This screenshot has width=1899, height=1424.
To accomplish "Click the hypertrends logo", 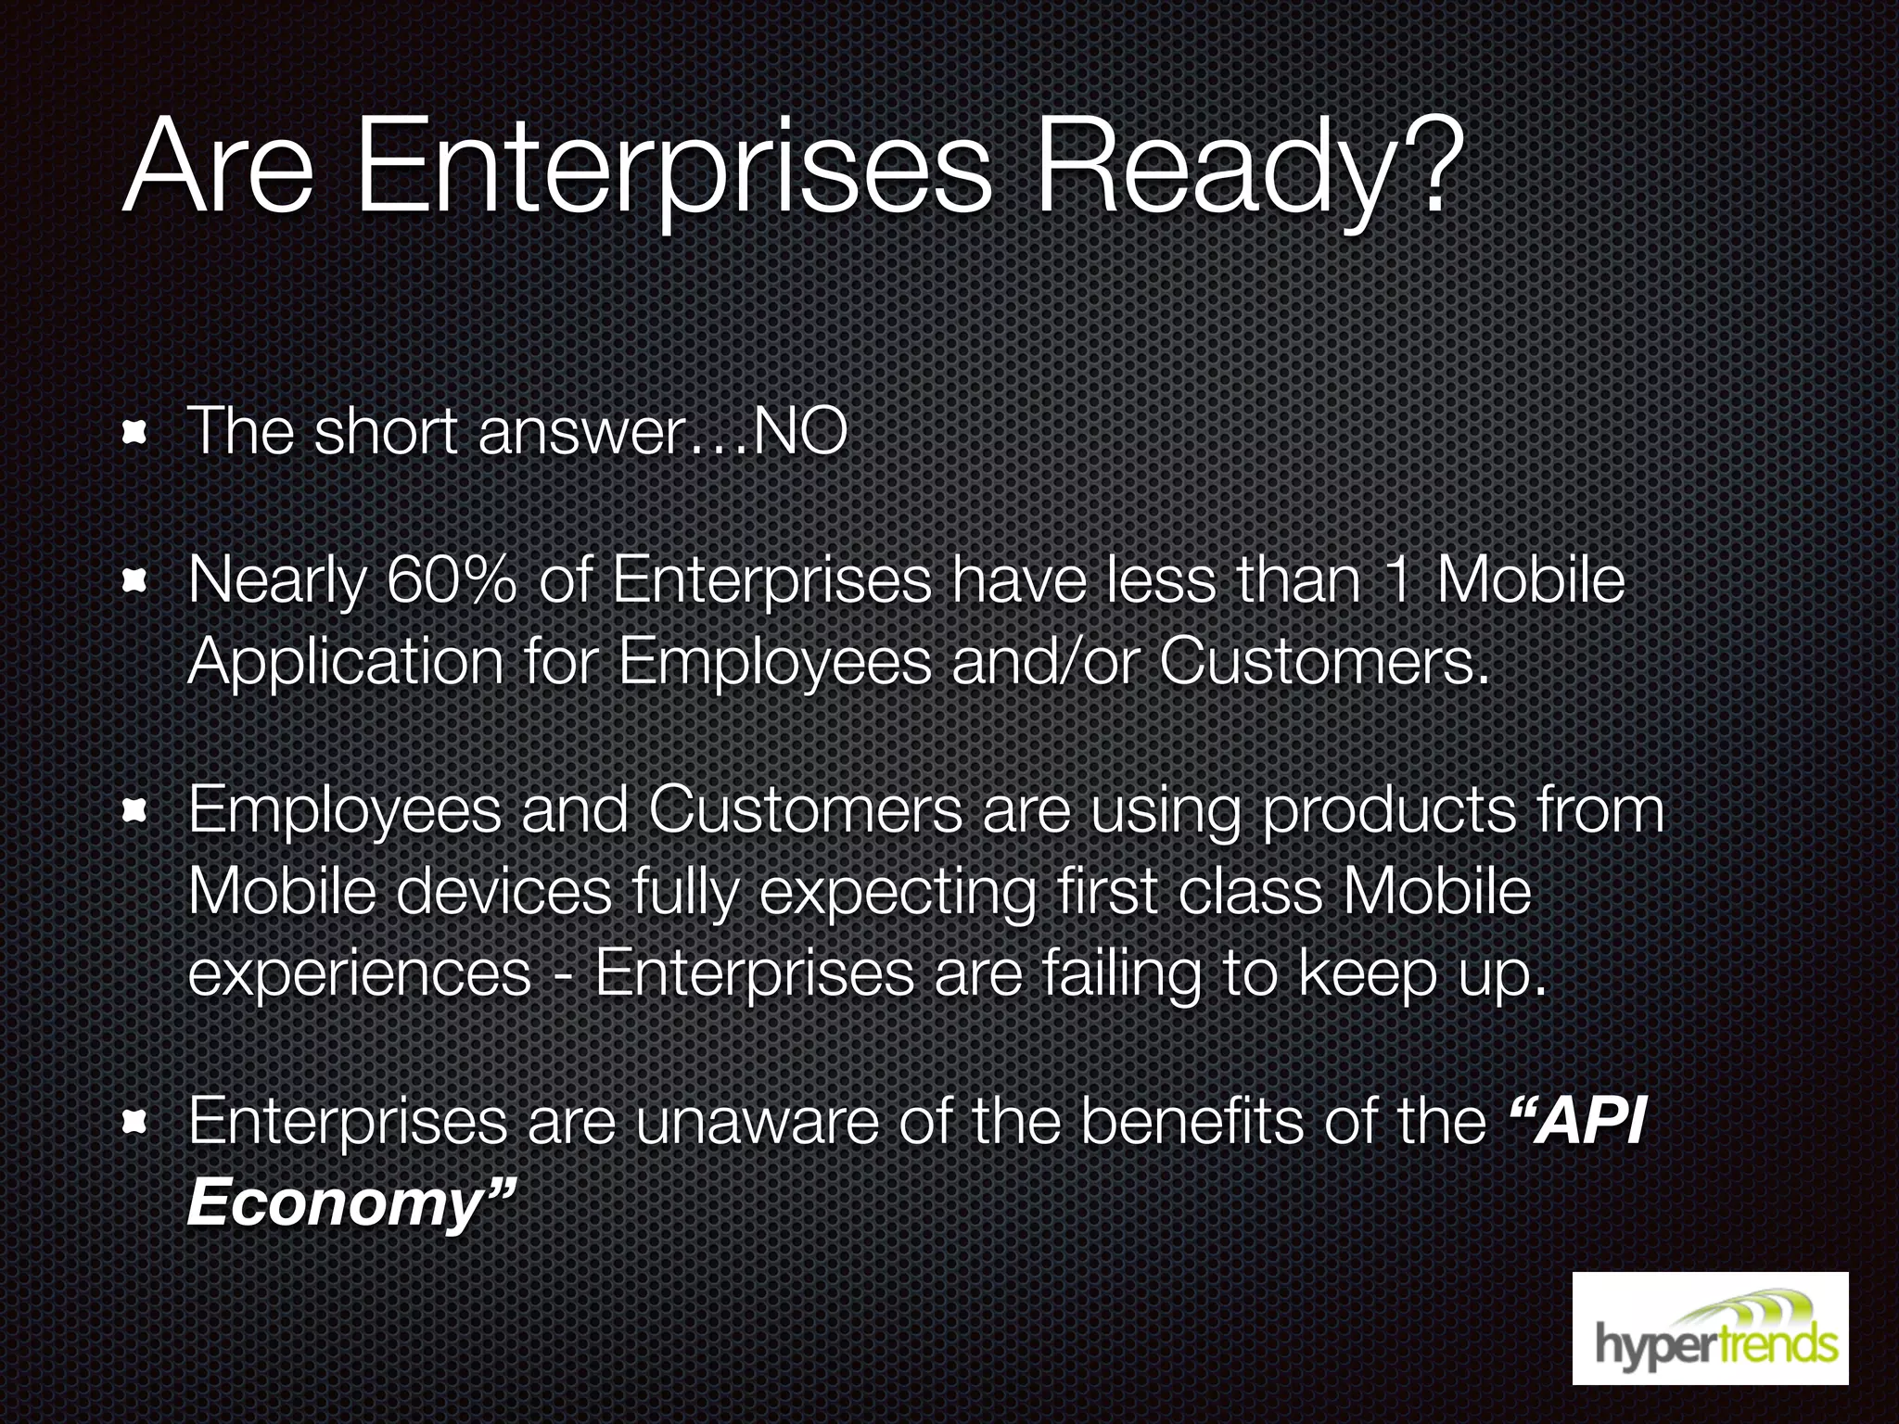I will coord(1710,1329).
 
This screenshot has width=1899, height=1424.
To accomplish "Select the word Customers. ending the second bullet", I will coord(1326,662).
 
